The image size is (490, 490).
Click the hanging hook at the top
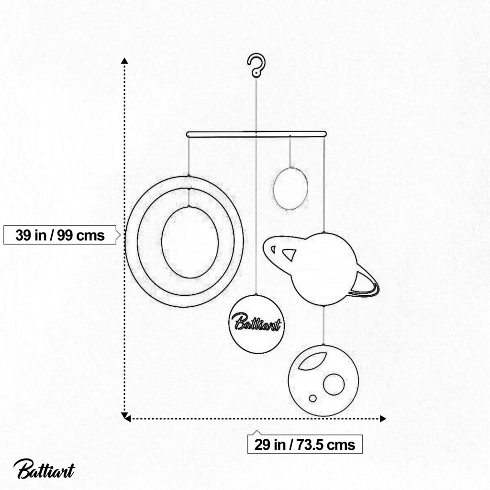(x=256, y=65)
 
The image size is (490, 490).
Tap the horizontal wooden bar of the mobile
(x=256, y=134)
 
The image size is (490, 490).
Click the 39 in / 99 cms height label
(x=60, y=235)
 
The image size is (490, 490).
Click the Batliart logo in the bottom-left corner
(x=44, y=469)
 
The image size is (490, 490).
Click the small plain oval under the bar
(x=290, y=189)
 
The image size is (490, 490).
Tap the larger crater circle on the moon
(x=334, y=384)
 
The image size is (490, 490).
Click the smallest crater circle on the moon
(x=312, y=399)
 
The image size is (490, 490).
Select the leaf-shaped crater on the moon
(x=312, y=361)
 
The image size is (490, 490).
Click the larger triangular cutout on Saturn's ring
(x=290, y=255)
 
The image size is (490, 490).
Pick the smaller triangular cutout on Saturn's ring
(x=273, y=249)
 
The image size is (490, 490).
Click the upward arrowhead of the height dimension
(x=125, y=61)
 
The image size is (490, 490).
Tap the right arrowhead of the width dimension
(x=383, y=419)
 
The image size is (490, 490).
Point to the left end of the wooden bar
(x=187, y=134)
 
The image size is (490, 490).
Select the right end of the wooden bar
(x=325, y=134)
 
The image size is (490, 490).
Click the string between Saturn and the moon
(x=323, y=325)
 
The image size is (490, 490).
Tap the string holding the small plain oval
(x=290, y=152)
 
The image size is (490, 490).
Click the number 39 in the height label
(x=23, y=235)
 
